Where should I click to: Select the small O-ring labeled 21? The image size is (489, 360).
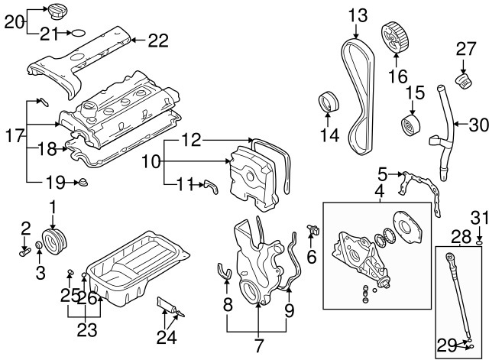pos(75,33)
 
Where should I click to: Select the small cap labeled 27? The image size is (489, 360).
pos(462,80)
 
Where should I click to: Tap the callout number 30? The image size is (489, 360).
pos(477,124)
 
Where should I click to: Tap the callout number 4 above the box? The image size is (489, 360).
pos(380,193)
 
